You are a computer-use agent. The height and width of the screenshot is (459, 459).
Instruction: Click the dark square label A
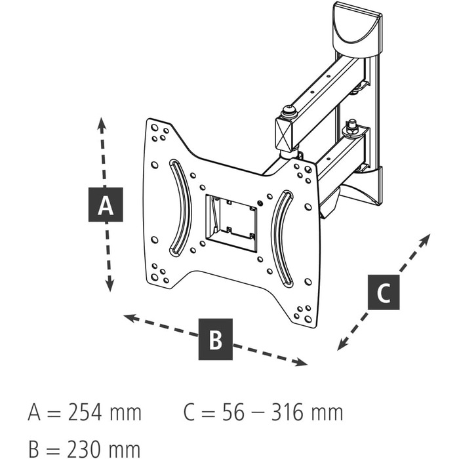(x=106, y=205)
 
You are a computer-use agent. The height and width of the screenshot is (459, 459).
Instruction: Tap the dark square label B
(x=216, y=340)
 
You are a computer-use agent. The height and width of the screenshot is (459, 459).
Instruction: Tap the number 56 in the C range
(x=231, y=413)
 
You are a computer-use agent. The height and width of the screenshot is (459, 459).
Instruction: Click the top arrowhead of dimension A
(x=101, y=123)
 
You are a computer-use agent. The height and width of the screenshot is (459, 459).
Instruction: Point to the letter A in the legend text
(x=35, y=413)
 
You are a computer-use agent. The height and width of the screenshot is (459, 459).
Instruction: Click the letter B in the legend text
(x=35, y=449)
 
